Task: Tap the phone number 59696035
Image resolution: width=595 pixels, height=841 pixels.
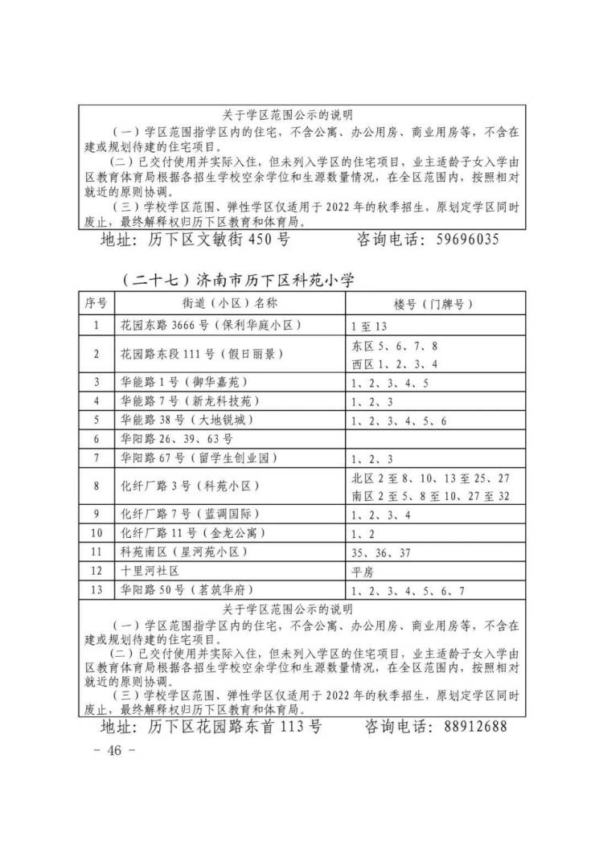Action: [x=466, y=240]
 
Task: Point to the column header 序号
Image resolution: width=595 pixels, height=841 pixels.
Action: [x=96, y=303]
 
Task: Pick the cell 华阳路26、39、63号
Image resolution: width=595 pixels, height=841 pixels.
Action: [x=176, y=439]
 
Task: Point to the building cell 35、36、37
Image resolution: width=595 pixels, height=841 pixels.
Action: [x=382, y=552]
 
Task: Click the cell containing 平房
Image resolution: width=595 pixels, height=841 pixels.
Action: [x=363, y=572]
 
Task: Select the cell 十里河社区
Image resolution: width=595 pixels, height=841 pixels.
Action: [x=149, y=572]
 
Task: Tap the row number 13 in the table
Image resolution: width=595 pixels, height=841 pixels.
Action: [x=96, y=591]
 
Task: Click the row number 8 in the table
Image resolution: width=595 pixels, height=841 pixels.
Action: [x=96, y=486]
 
